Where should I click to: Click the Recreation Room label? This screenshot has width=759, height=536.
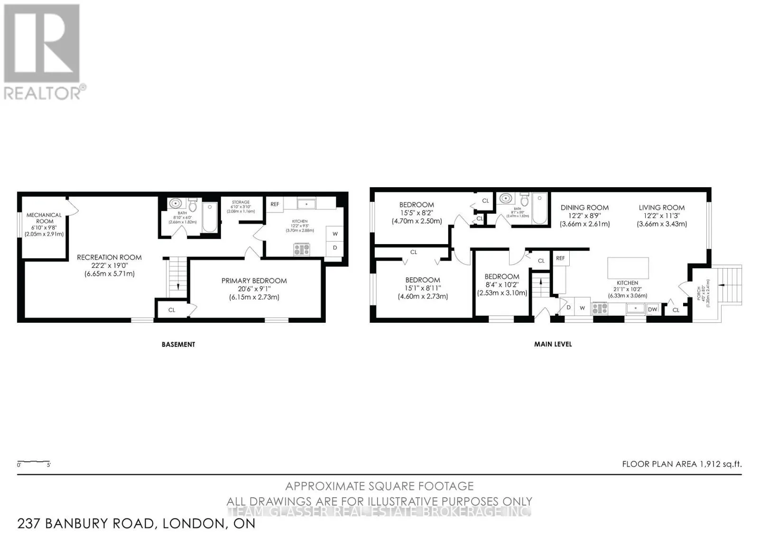[x=110, y=257]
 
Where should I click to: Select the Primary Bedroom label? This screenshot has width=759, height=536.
[x=254, y=281]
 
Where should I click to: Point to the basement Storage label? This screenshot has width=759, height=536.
[x=241, y=202]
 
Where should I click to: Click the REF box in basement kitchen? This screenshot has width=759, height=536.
[x=275, y=204]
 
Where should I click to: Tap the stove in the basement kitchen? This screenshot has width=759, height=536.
[x=302, y=249]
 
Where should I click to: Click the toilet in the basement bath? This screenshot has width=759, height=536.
[x=193, y=206]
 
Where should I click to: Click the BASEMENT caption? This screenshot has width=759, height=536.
[x=178, y=345]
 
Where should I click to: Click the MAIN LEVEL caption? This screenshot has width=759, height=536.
[x=553, y=344]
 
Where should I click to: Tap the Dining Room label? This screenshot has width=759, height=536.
[x=584, y=208]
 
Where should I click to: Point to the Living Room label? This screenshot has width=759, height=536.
[x=661, y=208]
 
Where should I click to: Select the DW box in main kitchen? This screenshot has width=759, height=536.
[x=653, y=309]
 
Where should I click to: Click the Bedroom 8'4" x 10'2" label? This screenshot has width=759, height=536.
[x=501, y=277]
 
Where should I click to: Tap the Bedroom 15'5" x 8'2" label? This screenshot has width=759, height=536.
[x=417, y=205]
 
